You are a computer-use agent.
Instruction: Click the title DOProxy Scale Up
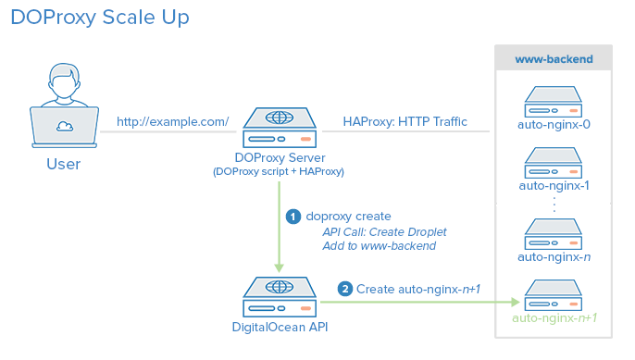point(101,19)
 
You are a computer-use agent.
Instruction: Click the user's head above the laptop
point(63,82)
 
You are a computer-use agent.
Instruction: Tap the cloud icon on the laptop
point(63,127)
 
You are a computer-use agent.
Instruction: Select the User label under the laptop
point(63,165)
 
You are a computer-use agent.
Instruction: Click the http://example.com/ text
point(173,121)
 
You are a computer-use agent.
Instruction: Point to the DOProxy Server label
point(279,157)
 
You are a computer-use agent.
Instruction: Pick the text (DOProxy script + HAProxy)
point(279,172)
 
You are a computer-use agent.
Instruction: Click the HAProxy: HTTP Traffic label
point(405,121)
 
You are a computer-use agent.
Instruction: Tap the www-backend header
point(554,59)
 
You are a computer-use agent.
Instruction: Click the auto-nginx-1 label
point(554,186)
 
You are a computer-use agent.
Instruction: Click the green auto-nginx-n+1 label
point(554,318)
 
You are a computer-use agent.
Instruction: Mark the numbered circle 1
point(293,217)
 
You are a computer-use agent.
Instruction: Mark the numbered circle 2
point(344,290)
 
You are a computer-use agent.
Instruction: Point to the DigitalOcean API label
point(279,326)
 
